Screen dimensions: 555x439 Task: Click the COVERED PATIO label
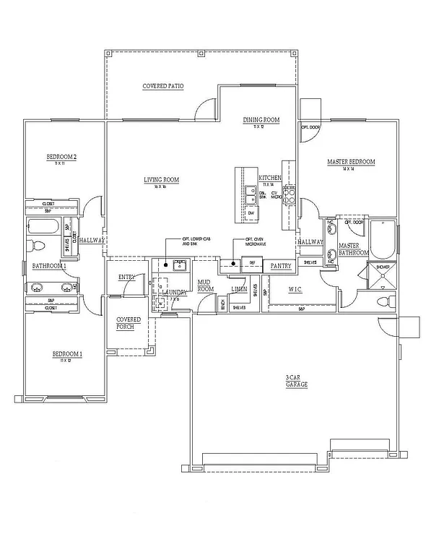click(162, 86)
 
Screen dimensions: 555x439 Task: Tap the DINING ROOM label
click(261, 120)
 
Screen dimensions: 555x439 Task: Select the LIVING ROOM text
click(161, 180)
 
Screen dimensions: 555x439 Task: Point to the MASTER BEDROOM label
click(351, 163)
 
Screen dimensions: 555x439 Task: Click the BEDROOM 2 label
click(61, 157)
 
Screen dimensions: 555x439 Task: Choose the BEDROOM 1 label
click(66, 354)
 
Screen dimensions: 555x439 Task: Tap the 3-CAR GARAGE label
click(295, 381)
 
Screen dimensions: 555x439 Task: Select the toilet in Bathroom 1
click(36, 245)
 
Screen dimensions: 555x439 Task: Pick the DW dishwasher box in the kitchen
click(251, 214)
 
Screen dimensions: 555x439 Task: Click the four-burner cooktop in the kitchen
click(289, 193)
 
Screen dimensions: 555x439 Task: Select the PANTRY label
click(280, 266)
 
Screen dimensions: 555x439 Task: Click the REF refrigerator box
click(252, 263)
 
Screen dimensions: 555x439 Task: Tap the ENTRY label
click(127, 277)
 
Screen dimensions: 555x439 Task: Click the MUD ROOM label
click(206, 285)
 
